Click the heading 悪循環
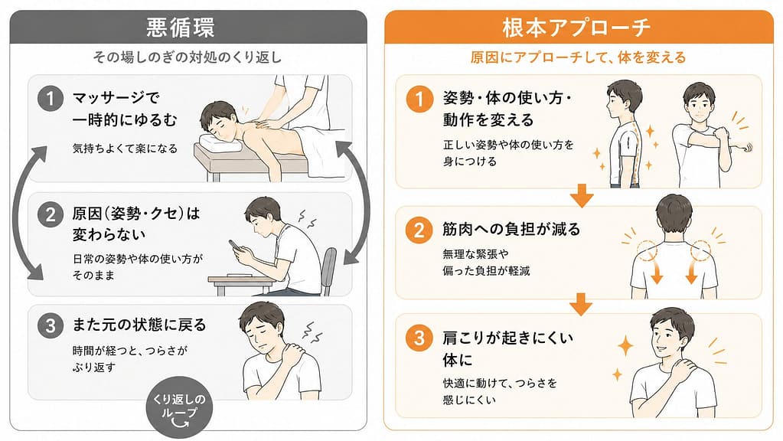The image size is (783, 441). [181, 28]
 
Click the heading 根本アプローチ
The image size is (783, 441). [577, 28]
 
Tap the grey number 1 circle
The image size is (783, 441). [50, 99]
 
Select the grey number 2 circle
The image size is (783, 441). [50, 214]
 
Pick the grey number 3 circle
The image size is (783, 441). [50, 325]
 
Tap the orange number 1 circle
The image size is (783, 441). [419, 99]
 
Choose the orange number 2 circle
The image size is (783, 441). [419, 230]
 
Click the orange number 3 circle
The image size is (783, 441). [419, 338]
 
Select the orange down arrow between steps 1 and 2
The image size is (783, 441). [581, 195]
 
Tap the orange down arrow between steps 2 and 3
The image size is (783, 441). [581, 304]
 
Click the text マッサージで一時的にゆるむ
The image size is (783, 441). [125, 109]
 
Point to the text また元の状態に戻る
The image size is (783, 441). [139, 325]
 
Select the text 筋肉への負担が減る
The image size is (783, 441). [511, 229]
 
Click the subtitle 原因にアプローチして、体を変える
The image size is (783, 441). [578, 57]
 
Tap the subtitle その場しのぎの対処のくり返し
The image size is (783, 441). [188, 57]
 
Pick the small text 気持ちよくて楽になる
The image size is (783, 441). [125, 149]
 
